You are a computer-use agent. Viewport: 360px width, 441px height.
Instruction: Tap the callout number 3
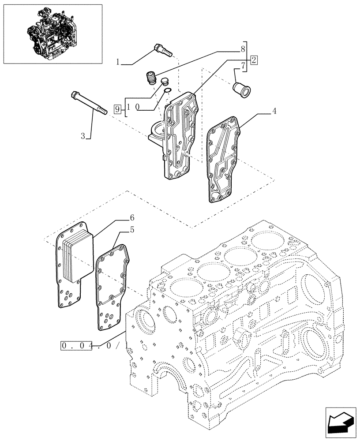(82, 137)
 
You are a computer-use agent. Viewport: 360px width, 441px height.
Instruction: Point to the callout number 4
(274, 111)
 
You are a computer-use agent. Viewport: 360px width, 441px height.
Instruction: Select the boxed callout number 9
(117, 108)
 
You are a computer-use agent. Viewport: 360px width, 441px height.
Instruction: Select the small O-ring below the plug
(167, 92)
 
